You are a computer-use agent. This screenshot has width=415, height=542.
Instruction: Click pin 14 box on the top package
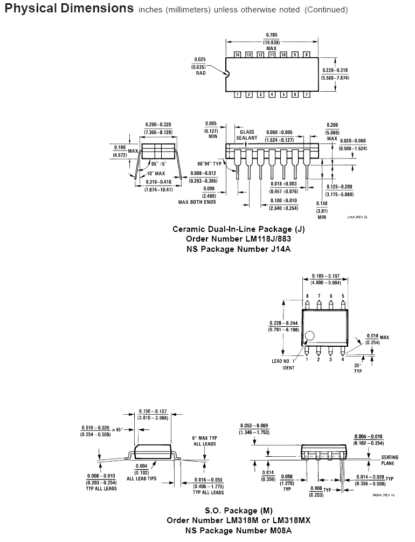[238, 55]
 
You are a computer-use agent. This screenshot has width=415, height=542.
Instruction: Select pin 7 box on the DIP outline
[307, 95]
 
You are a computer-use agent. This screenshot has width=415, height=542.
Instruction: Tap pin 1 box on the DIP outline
[238, 95]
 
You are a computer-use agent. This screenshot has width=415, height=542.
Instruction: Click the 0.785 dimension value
[271, 36]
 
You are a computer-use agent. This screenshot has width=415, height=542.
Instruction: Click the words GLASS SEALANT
[247, 135]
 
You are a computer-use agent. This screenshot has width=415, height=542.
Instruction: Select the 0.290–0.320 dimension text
[158, 124]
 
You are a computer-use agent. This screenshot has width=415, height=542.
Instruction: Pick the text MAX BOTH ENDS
[197, 202]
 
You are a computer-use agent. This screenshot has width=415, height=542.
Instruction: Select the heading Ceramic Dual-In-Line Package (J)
[238, 229]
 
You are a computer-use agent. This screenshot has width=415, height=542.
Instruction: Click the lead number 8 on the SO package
[307, 296]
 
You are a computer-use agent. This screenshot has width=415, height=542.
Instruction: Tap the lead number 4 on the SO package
[343, 359]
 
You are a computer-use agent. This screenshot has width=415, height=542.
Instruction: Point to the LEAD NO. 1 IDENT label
[283, 364]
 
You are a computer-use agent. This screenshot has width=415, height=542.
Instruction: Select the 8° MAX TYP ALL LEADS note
[204, 440]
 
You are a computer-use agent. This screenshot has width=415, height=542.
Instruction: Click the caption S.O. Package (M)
[238, 510]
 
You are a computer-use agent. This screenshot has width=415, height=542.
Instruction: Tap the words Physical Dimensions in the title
[69, 9]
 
